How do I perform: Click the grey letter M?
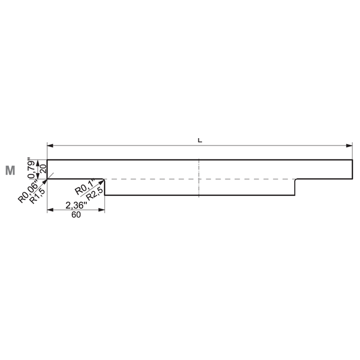10,171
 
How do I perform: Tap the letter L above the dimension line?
200,140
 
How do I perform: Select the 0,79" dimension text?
31,168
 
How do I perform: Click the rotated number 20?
43,168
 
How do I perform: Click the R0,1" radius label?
85,188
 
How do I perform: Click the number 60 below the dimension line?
76,215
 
